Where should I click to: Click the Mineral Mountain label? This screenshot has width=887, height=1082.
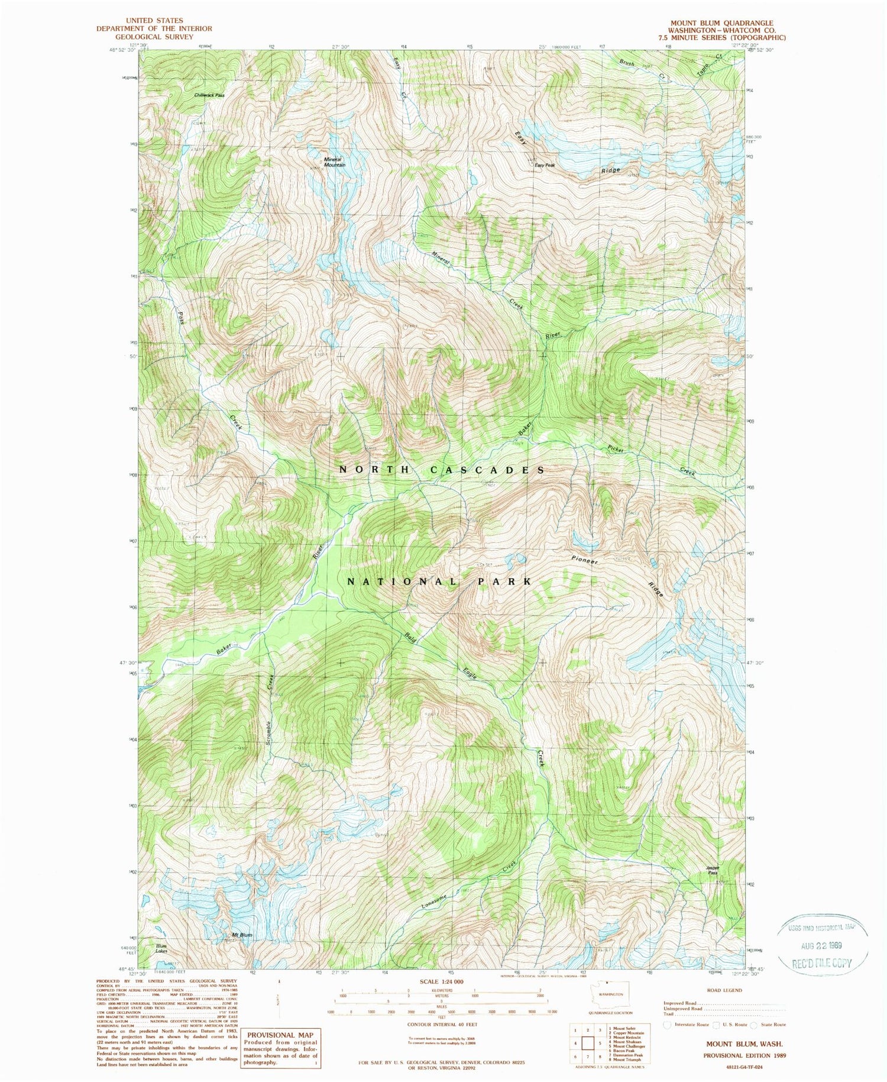[334, 162]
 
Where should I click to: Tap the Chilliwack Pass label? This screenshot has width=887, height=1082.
[209, 95]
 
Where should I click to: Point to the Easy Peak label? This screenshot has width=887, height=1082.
[545, 165]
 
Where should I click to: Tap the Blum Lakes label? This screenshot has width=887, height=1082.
[161, 948]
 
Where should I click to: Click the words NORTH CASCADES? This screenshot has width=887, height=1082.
[442, 470]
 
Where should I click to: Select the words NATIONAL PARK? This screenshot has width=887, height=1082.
[439, 582]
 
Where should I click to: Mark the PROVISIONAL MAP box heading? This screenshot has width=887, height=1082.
[279, 1035]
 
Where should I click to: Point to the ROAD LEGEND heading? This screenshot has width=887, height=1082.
[725, 990]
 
